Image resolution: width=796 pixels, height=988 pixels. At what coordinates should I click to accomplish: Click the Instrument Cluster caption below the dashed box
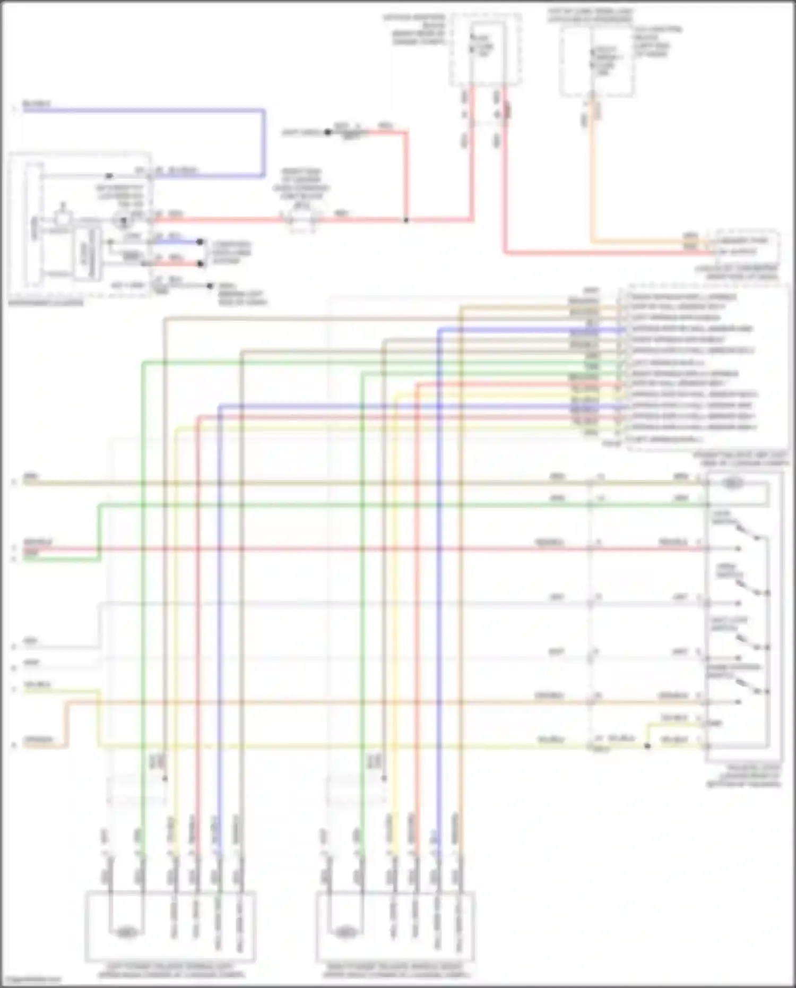click(46, 303)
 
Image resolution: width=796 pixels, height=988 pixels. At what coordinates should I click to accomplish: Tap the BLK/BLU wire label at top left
click(37, 104)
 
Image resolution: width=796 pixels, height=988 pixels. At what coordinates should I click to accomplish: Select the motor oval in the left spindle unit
click(126, 931)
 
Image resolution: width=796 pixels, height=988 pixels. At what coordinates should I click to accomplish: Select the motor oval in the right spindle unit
click(345, 931)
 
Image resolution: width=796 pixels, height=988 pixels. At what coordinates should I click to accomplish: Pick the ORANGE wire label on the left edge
click(38, 740)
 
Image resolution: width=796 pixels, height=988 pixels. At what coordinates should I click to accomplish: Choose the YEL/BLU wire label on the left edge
click(37, 685)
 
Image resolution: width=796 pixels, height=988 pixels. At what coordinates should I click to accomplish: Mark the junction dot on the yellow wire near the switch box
click(647, 745)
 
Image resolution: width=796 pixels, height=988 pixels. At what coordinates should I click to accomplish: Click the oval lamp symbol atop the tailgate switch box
click(732, 483)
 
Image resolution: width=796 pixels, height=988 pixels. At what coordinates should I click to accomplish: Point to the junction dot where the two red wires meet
click(406, 220)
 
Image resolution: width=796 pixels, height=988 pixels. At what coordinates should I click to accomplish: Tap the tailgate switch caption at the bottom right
click(743, 776)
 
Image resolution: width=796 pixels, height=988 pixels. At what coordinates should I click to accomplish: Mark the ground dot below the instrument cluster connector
click(211, 286)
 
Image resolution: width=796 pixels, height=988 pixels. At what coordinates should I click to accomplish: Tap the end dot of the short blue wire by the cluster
click(200, 242)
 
